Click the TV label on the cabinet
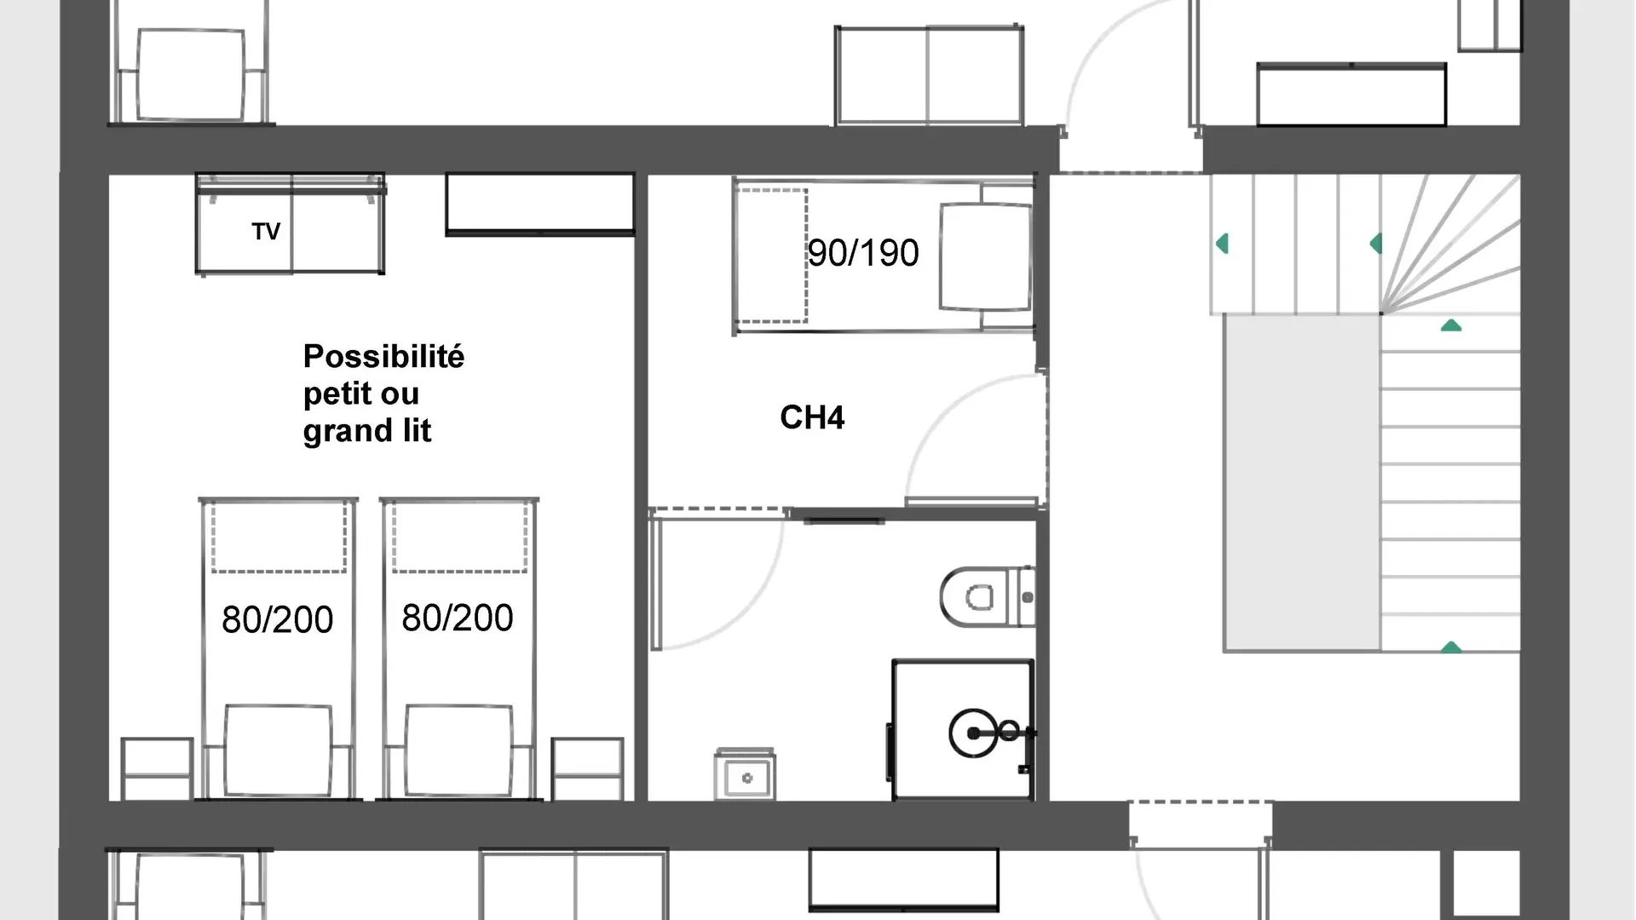pyautogui.click(x=266, y=231)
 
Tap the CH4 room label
pyautogui.click(x=812, y=417)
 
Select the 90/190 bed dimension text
pyautogui.click(x=863, y=253)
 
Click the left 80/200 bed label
pyautogui.click(x=277, y=619)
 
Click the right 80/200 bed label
pyautogui.click(x=458, y=618)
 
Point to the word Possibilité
pyautogui.click(x=383, y=356)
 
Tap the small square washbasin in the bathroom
pyautogui.click(x=746, y=775)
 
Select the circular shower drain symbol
pyautogui.click(x=973, y=733)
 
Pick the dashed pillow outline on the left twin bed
pyautogui.click(x=279, y=536)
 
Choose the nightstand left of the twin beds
pyautogui.click(x=157, y=768)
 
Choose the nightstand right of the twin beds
pyautogui.click(x=587, y=768)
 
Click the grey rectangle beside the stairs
pyautogui.click(x=1302, y=483)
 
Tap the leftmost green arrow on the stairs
pyautogui.click(x=1222, y=244)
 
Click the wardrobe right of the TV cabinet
pyautogui.click(x=540, y=204)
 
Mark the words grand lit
pyautogui.click(x=367, y=431)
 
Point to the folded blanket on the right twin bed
pyautogui.click(x=459, y=750)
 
